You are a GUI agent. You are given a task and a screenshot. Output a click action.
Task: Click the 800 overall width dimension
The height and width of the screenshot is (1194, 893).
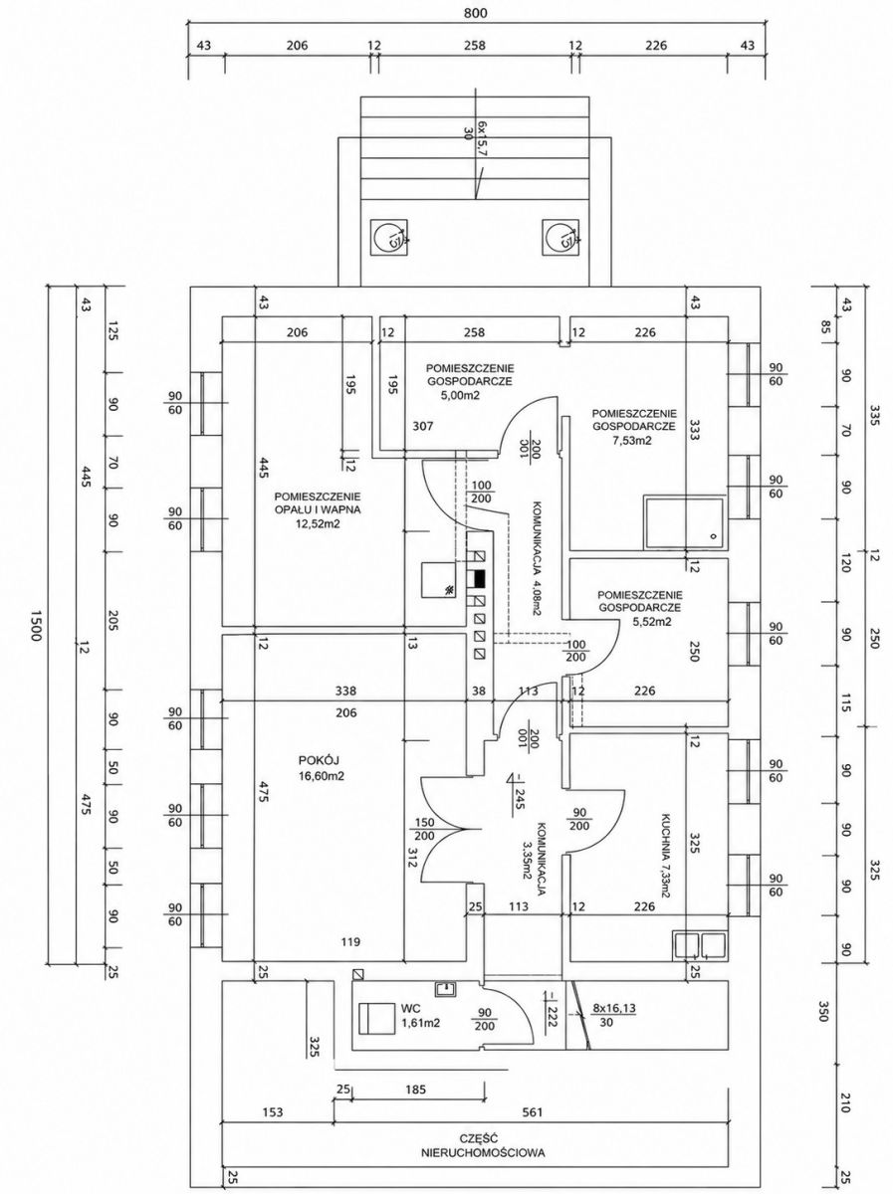point(476,13)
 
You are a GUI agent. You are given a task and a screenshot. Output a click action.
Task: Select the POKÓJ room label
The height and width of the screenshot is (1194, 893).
point(323,760)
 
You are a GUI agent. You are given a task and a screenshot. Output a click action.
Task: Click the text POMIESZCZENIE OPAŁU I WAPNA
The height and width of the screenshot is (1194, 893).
point(319,503)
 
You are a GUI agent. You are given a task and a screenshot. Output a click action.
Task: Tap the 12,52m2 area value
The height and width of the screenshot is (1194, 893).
point(319,523)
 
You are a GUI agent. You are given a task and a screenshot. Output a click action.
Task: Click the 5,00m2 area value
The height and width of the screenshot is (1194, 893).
point(460,395)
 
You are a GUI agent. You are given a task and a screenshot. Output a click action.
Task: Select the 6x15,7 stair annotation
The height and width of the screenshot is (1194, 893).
point(483,139)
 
